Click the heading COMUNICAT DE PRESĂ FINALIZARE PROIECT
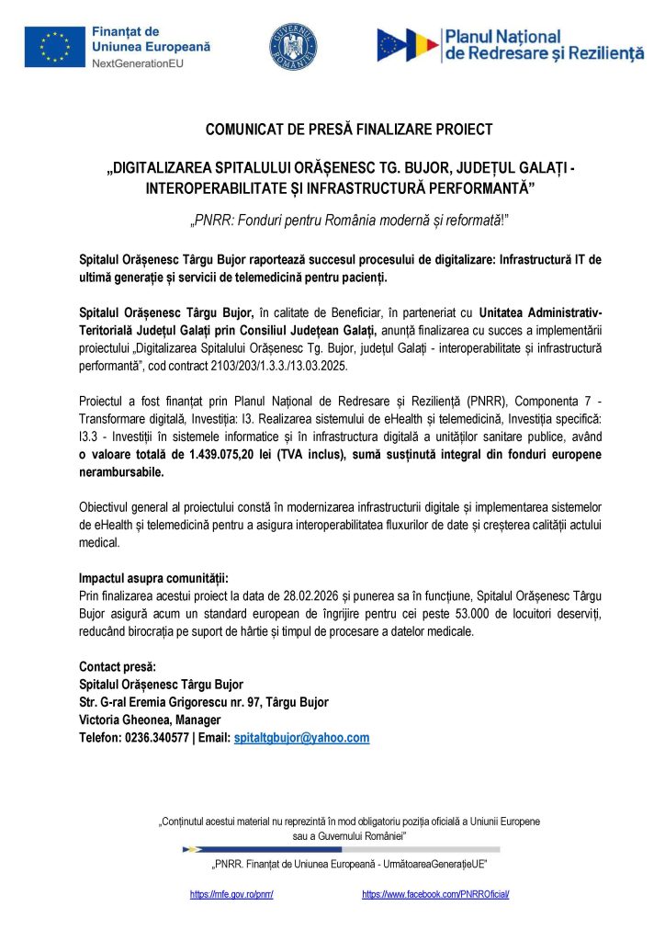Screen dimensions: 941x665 click(348, 129)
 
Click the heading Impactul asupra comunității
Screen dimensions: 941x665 click(153, 579)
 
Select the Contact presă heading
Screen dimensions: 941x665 click(118, 666)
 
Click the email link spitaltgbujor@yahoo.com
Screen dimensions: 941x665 click(301, 738)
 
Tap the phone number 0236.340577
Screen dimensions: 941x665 click(153, 738)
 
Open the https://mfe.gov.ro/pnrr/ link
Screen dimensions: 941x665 click(231, 894)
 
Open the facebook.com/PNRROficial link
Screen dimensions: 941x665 click(435, 894)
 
